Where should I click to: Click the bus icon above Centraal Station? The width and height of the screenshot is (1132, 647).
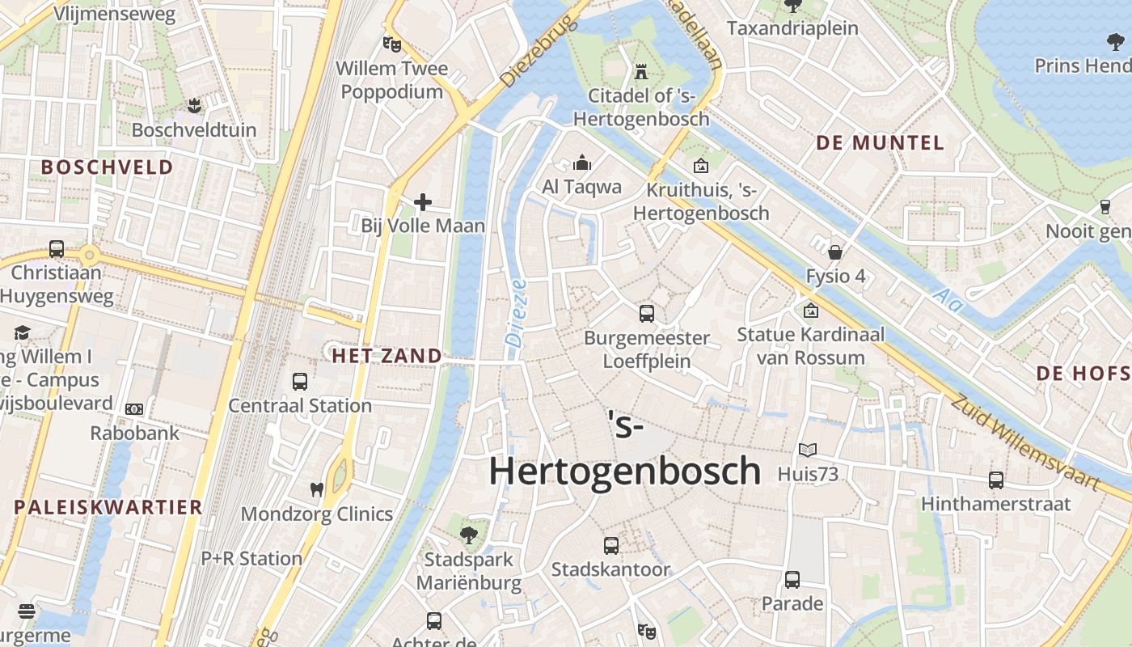click(300, 381)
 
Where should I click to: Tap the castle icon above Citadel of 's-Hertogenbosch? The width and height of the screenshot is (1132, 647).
click(641, 71)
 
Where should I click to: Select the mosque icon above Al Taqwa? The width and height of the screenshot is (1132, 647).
click(582, 163)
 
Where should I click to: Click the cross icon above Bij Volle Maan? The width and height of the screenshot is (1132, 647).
click(422, 202)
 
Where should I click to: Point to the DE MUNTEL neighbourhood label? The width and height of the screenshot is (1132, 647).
click(880, 143)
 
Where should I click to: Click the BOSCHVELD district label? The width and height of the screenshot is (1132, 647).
click(108, 167)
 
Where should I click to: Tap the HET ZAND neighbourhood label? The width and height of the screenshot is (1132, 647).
click(387, 356)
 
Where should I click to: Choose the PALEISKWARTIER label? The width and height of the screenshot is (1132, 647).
click(108, 508)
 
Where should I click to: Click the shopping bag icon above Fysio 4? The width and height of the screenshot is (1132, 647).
click(835, 252)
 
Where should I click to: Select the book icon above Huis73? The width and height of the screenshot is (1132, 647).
click(808, 450)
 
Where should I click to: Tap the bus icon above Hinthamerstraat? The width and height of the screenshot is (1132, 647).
click(996, 480)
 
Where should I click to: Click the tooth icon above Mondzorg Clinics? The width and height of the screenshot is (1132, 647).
click(317, 489)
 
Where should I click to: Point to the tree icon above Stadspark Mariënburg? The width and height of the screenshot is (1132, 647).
click(468, 535)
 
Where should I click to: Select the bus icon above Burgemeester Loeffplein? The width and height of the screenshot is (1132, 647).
click(647, 314)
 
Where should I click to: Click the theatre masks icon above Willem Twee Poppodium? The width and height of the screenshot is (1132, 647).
click(392, 44)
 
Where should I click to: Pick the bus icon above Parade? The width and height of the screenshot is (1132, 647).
click(792, 579)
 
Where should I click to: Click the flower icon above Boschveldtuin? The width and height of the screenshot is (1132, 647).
click(193, 105)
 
